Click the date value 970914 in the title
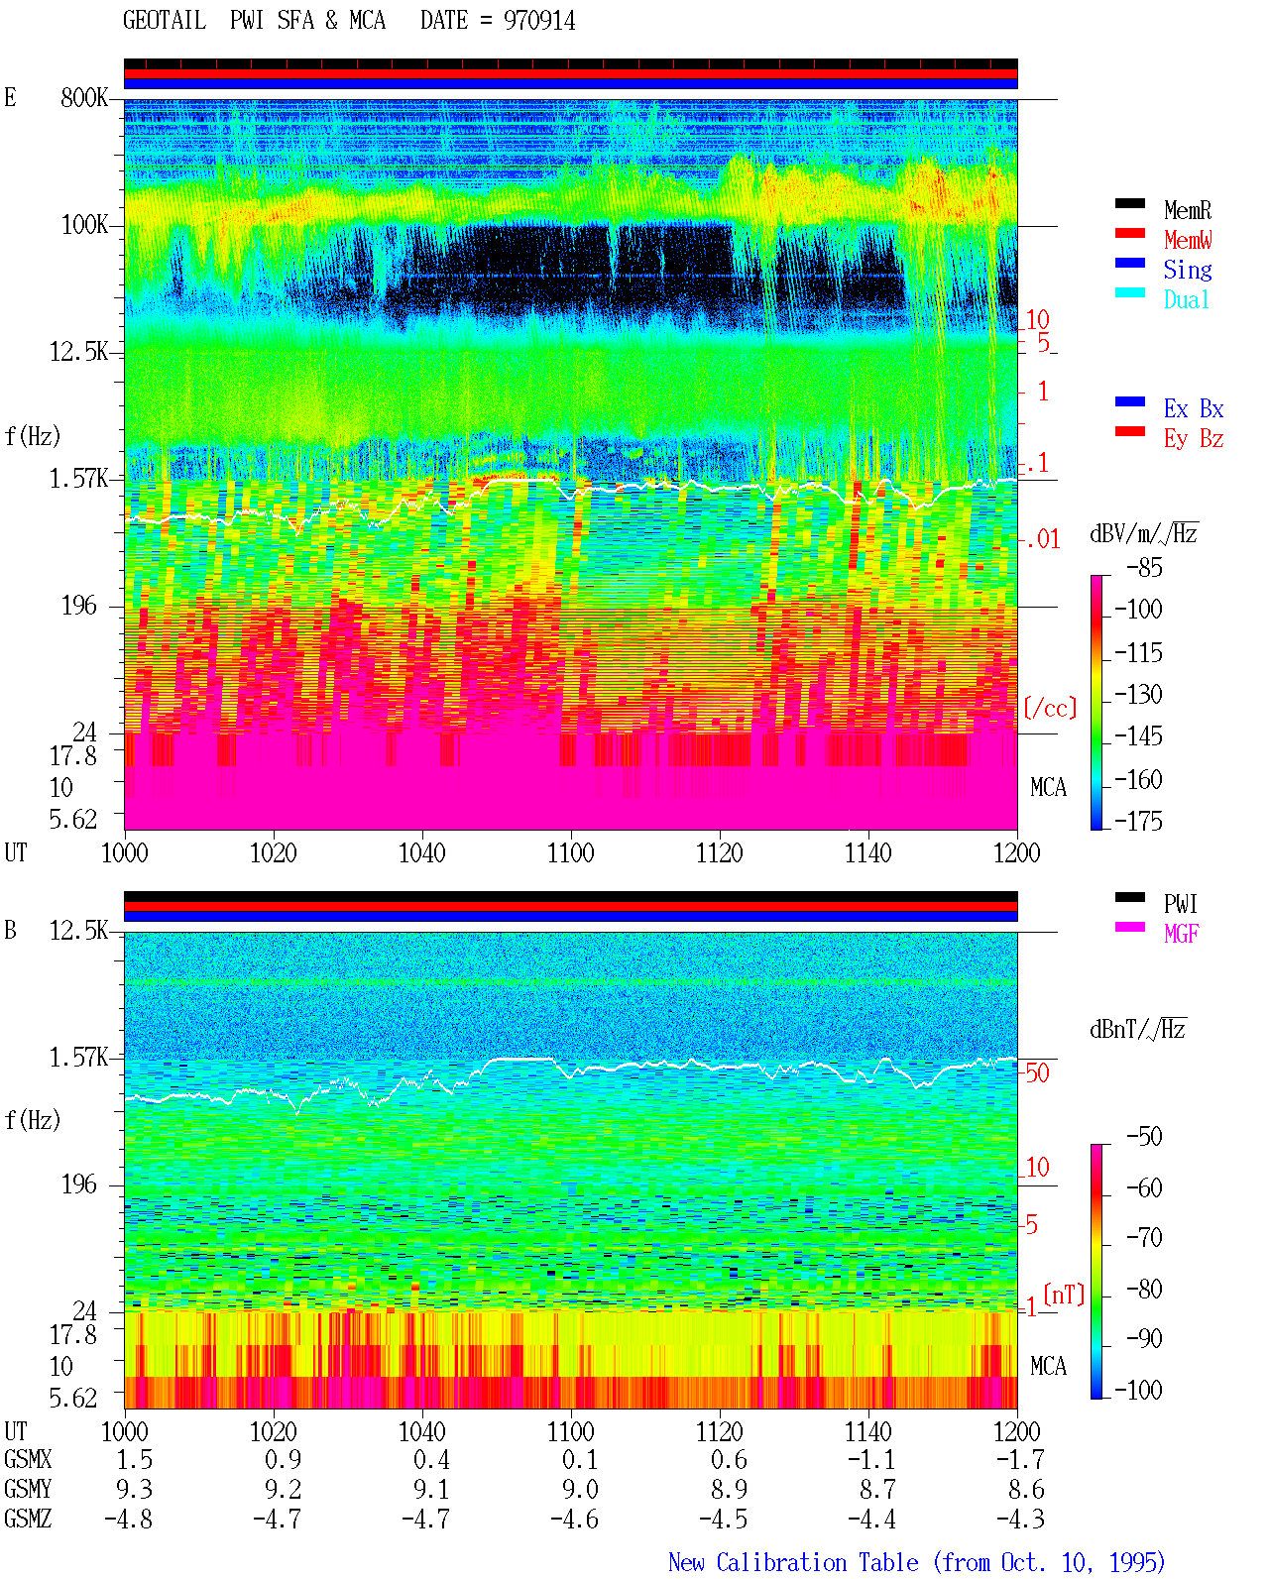coord(538,21)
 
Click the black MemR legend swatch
coord(1129,203)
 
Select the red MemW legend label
coord(1188,240)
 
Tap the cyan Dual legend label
coord(1186,299)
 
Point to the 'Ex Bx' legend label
coord(1193,408)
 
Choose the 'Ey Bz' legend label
coord(1193,438)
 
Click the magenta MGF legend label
coord(1181,934)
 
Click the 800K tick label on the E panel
coord(84,97)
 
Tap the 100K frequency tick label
coord(84,225)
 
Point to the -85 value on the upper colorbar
coord(1144,567)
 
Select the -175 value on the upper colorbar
coord(1138,821)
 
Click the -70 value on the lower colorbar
coord(1144,1237)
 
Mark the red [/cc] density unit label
coord(1050,708)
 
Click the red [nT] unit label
coord(1064,1294)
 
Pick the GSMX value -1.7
coord(1020,1459)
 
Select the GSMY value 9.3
coord(134,1489)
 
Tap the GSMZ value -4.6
coord(574,1519)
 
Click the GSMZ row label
coord(28,1519)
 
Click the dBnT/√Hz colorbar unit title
coord(1137,1030)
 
